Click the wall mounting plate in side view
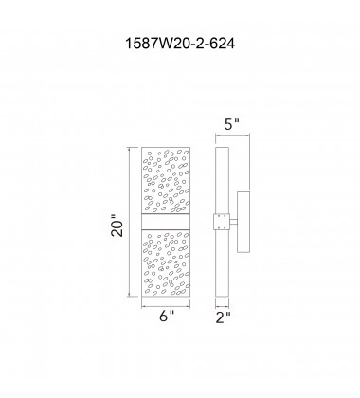click(x=244, y=224)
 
